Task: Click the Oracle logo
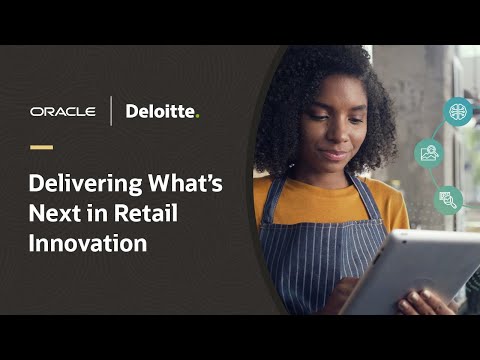pyautogui.click(x=63, y=111)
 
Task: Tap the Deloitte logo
pyautogui.click(x=160, y=111)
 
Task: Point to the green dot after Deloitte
pyautogui.click(x=197, y=116)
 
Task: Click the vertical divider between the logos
pyautogui.click(x=111, y=111)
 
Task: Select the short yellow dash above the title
pyautogui.click(x=42, y=147)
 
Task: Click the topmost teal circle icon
pyautogui.click(x=457, y=110)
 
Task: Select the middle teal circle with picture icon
pyautogui.click(x=431, y=153)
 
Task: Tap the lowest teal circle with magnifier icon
pyautogui.click(x=447, y=199)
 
